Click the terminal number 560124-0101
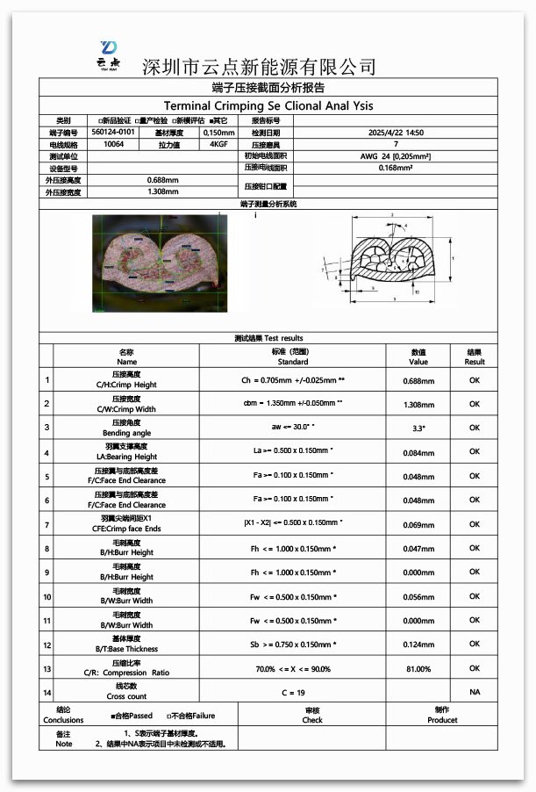[113, 132]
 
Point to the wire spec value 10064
[113, 144]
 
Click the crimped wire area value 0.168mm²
[396, 167]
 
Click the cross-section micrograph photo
[159, 264]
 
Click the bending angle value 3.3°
[418, 428]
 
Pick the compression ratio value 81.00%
[418, 669]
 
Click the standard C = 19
[293, 693]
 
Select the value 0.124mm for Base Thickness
[418, 644]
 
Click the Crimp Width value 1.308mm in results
[418, 404]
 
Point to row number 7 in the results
[46, 524]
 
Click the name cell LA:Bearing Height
[127, 457]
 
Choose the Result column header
[475, 356]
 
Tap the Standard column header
[293, 356]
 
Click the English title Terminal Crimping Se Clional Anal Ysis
[268, 104]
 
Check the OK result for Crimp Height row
[475, 380]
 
